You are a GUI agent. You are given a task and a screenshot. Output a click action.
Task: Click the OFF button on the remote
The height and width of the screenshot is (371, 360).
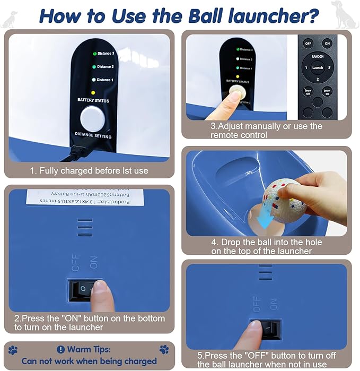tap(309, 44)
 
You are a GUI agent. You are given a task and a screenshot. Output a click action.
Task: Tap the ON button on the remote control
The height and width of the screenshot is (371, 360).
tap(327, 44)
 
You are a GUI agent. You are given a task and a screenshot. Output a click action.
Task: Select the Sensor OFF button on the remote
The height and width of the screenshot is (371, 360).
tap(308, 91)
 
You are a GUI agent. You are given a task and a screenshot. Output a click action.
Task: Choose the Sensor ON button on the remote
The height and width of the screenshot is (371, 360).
tap(327, 91)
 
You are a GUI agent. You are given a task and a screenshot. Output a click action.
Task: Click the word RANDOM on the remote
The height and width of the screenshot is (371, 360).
tap(318, 56)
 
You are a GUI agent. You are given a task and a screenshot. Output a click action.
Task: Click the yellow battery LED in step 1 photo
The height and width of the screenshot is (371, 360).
tap(93, 92)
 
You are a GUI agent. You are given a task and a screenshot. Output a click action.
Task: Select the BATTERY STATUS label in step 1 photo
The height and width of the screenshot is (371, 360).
tap(93, 100)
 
